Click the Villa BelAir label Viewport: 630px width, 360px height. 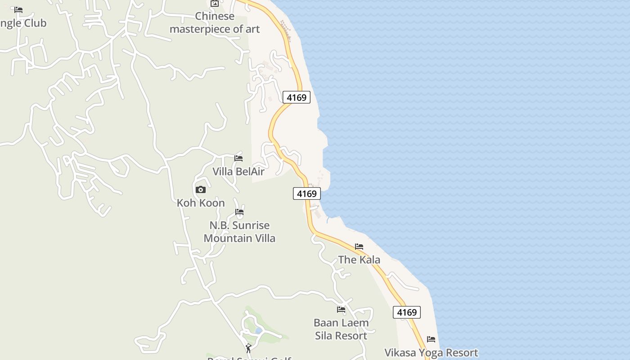pyautogui.click(x=238, y=171)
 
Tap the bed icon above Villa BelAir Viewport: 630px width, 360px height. pyautogui.click(x=238, y=158)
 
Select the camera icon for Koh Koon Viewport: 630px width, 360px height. pyautogui.click(x=201, y=189)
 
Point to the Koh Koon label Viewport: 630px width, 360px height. pyautogui.click(x=201, y=203)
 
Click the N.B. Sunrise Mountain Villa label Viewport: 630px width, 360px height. pyautogui.click(x=239, y=232)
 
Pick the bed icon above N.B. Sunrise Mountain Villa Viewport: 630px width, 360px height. pyautogui.click(x=239, y=211)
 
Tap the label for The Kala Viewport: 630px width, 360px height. pyautogui.click(x=359, y=260)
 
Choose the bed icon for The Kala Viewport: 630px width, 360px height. pyautogui.click(x=359, y=246)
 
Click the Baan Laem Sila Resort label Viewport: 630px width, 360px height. pyautogui.click(x=341, y=329)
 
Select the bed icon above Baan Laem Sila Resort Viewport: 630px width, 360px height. pyautogui.click(x=341, y=309)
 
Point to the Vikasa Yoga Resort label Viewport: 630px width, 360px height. pyautogui.click(x=431, y=352)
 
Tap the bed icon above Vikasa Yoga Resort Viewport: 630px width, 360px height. pyautogui.click(x=431, y=339)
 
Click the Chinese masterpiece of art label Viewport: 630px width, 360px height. pyautogui.click(x=215, y=22)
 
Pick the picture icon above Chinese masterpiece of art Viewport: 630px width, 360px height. pyautogui.click(x=215, y=4)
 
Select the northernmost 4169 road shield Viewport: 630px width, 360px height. pyautogui.click(x=297, y=97)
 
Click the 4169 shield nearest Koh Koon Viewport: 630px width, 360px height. pyautogui.click(x=307, y=193)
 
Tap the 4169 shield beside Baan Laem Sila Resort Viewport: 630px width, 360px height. pyautogui.click(x=407, y=312)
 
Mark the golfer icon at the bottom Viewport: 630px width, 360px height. pyautogui.click(x=248, y=348)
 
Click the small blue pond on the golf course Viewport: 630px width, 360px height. pyautogui.click(x=258, y=330)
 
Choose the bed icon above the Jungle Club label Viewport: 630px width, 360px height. pyautogui.click(x=18, y=9)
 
